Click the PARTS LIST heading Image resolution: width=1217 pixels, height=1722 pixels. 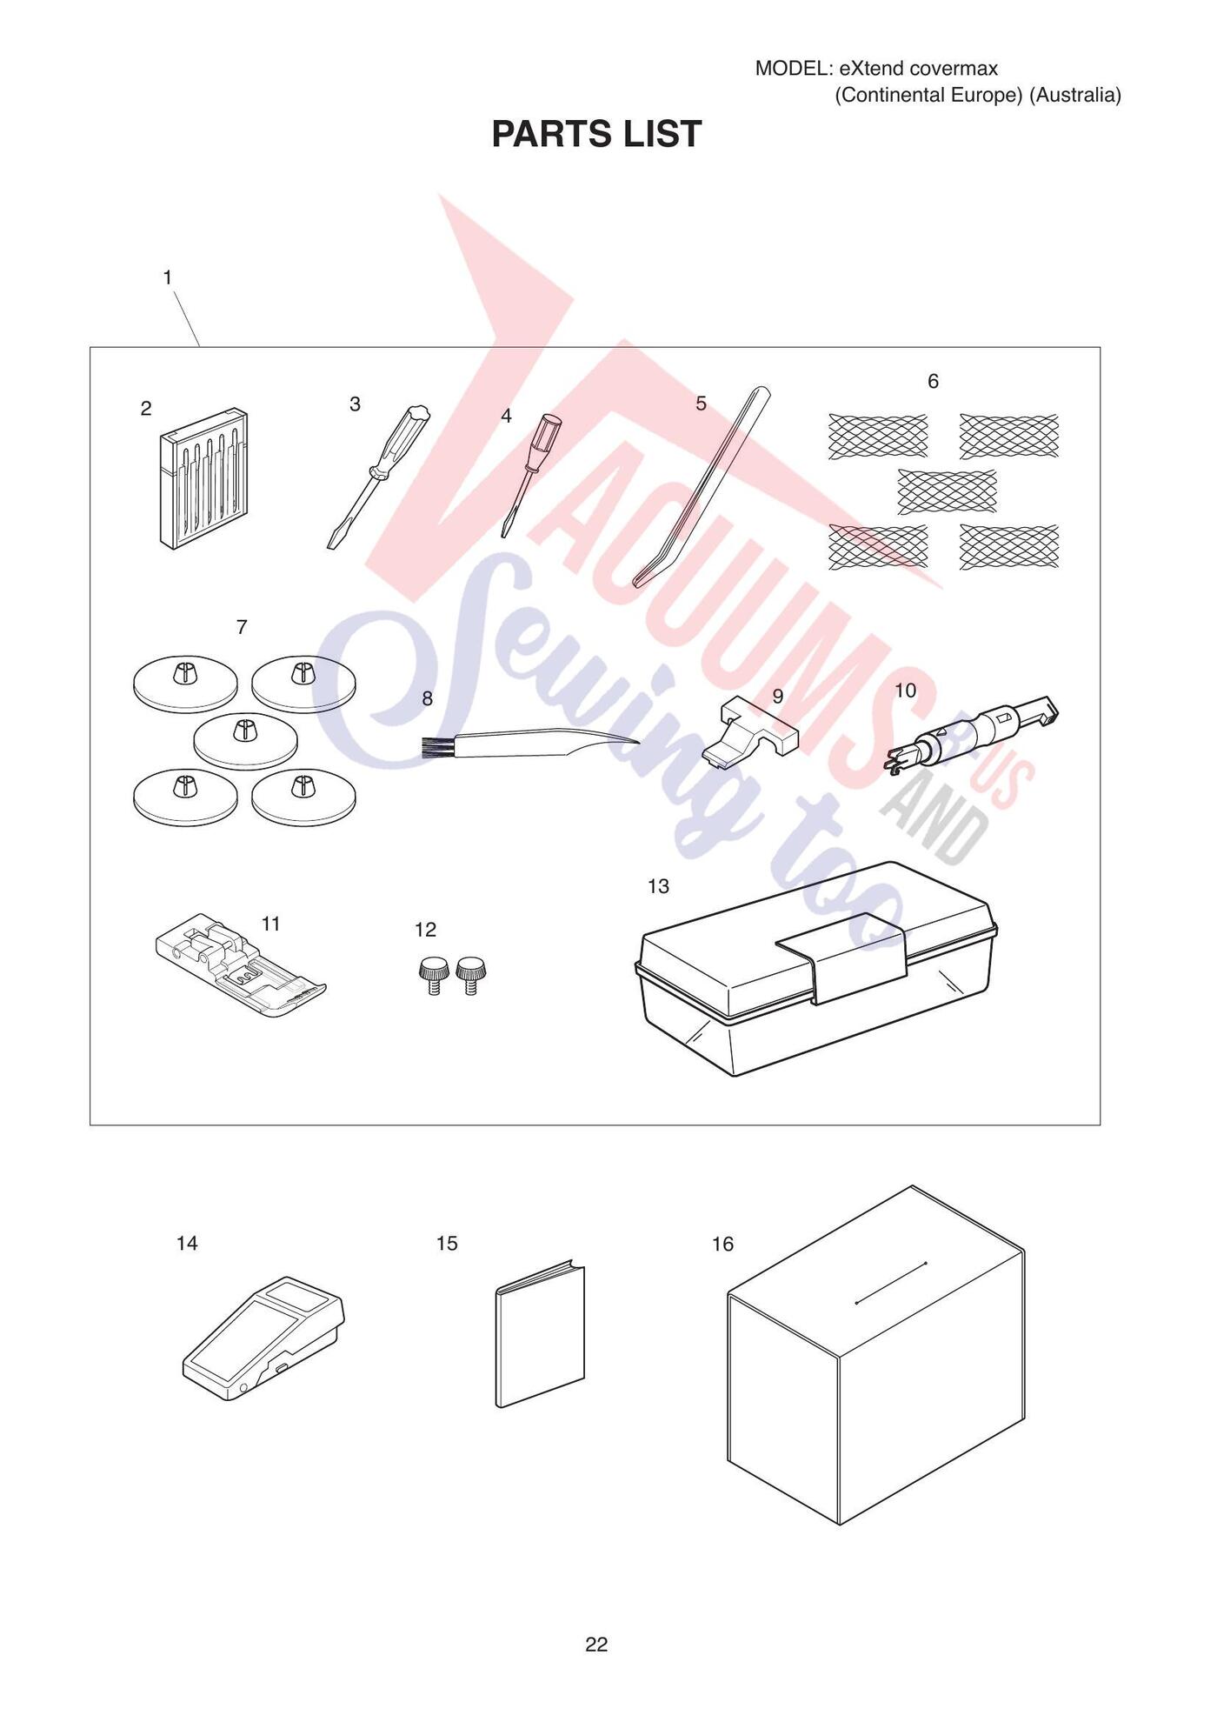(x=596, y=134)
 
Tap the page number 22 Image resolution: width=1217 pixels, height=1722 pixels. (x=596, y=1644)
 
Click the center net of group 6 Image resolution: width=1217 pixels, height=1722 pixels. (x=947, y=491)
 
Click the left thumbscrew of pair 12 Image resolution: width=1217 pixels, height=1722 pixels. (x=432, y=975)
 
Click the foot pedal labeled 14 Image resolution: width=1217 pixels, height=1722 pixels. (x=263, y=1338)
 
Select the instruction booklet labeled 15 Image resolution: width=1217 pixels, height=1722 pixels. (x=540, y=1333)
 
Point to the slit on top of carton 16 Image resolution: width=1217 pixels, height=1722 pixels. (x=891, y=1283)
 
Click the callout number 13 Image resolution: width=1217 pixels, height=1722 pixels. (x=658, y=886)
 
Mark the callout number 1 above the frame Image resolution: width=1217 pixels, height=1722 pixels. (x=168, y=277)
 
